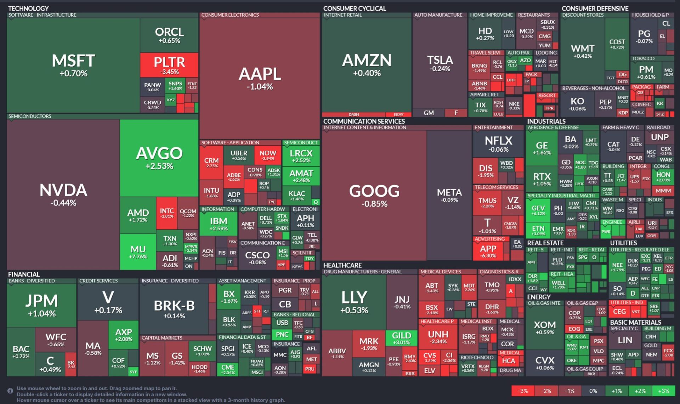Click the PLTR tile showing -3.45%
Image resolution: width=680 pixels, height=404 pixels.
[x=169, y=65]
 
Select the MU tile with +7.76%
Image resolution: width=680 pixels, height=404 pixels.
[x=138, y=252]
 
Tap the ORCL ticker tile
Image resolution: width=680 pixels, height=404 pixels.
[x=169, y=35]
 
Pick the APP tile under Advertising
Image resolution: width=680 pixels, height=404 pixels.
[x=488, y=251]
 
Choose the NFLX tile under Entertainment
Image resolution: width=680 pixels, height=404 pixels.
[x=498, y=143]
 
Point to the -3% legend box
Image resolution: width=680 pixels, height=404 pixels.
[x=523, y=391]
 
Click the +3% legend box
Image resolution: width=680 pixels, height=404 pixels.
[x=663, y=391]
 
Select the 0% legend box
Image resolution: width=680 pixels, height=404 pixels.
[x=593, y=391]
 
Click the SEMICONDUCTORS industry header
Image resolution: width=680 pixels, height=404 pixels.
[x=30, y=116]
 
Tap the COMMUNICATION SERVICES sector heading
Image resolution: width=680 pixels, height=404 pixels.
[x=364, y=121]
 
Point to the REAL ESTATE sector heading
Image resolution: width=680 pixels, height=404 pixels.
[x=545, y=243]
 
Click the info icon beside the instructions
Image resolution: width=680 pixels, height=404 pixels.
[x=10, y=391]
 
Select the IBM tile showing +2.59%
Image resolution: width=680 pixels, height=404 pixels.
[x=219, y=224]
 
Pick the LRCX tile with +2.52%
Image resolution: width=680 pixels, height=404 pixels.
[x=301, y=156]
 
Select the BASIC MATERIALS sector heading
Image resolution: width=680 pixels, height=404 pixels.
[x=635, y=322]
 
